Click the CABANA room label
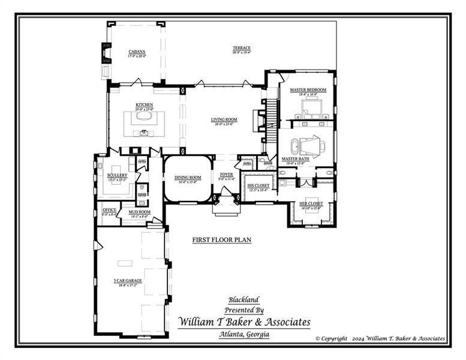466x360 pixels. tap(137, 52)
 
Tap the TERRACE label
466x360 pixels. tap(242, 48)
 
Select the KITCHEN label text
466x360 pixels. tap(144, 105)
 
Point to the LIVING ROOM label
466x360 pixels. tap(224, 119)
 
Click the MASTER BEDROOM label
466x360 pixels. tap(308, 90)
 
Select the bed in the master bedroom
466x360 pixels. tap(312, 109)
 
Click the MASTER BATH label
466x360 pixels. tap(294, 160)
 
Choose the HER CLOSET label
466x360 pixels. tap(311, 204)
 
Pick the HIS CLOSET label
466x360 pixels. tap(258, 186)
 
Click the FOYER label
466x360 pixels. tap(226, 175)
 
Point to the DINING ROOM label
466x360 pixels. tap(187, 178)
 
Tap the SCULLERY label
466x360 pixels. tap(118, 175)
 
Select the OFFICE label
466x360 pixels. tap(109, 211)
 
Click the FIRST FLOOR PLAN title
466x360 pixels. tap(221, 239)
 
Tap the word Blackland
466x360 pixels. tap(243, 299)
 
